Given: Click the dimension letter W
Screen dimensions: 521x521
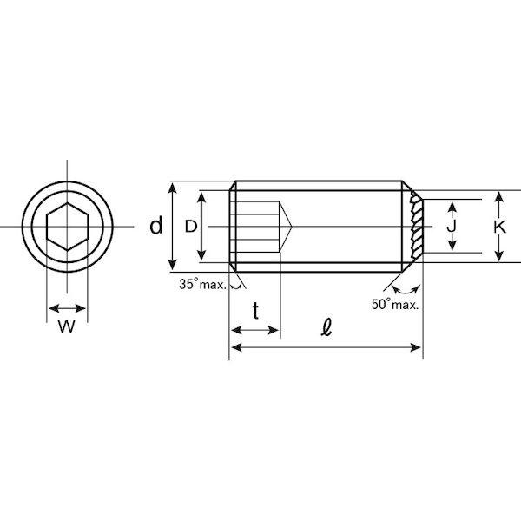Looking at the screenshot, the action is tap(67, 326).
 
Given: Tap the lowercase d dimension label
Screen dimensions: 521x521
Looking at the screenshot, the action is tap(155, 226).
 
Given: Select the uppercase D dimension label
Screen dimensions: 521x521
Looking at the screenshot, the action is tap(191, 227).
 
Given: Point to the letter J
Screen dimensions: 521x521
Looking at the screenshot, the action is tap(452, 227).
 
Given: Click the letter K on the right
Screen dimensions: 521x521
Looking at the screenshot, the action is tap(499, 228).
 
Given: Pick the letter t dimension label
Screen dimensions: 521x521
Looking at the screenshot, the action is tap(255, 310).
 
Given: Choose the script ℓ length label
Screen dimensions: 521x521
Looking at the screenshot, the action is tap(326, 327).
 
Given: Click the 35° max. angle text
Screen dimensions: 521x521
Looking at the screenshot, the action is tap(202, 285).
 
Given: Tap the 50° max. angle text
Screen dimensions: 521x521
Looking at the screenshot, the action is tap(395, 305).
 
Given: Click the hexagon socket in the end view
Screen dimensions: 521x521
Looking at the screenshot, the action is tap(68, 227).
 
